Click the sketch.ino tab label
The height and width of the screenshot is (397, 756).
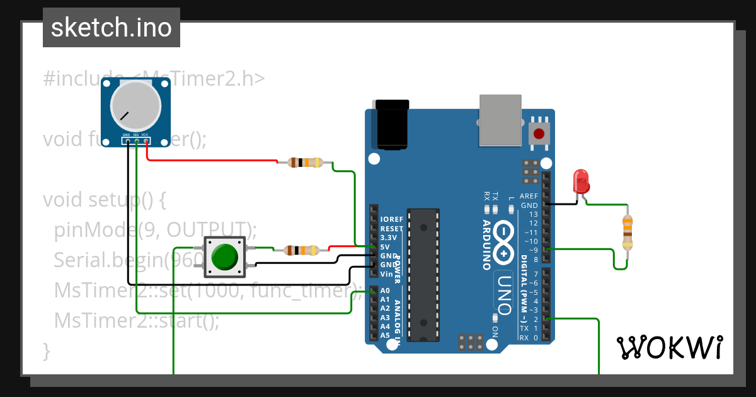click(111, 28)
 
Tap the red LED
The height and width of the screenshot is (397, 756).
click(580, 181)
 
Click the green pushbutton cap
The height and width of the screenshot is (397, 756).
click(225, 257)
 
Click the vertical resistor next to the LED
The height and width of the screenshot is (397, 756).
click(627, 233)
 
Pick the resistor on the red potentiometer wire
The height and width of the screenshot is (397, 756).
click(305, 163)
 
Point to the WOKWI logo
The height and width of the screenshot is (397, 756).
click(669, 347)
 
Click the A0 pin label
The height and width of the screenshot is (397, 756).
click(385, 291)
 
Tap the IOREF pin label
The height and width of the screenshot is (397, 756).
click(391, 219)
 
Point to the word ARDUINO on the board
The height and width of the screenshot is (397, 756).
click(487, 245)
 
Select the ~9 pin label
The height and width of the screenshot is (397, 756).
click(532, 250)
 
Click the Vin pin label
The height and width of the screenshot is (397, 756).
click(386, 274)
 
